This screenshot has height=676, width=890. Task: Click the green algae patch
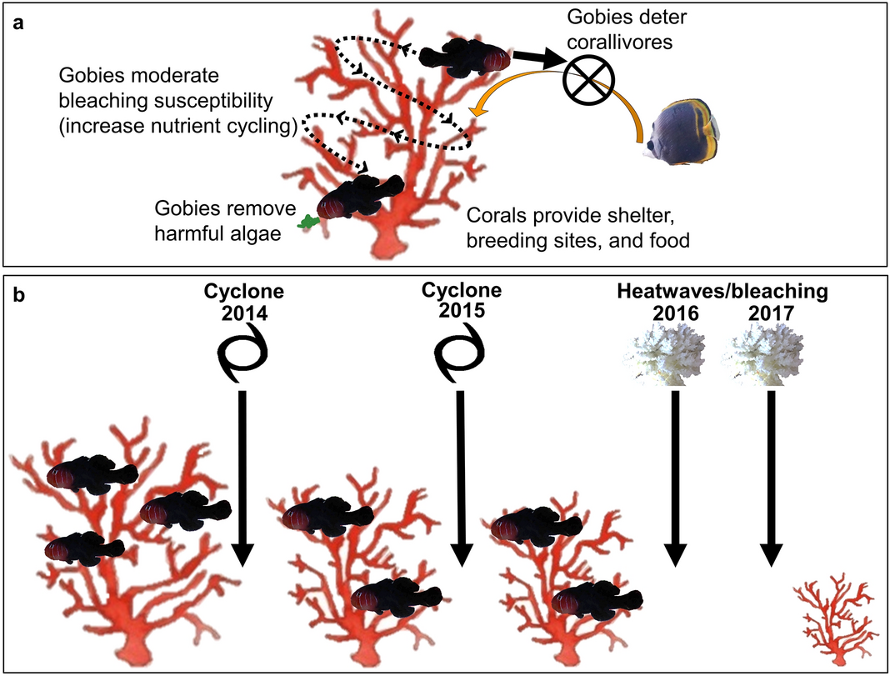click(x=310, y=222)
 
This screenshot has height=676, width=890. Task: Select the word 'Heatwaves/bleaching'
click(x=722, y=292)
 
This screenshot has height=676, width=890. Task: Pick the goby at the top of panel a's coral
click(x=463, y=56)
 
